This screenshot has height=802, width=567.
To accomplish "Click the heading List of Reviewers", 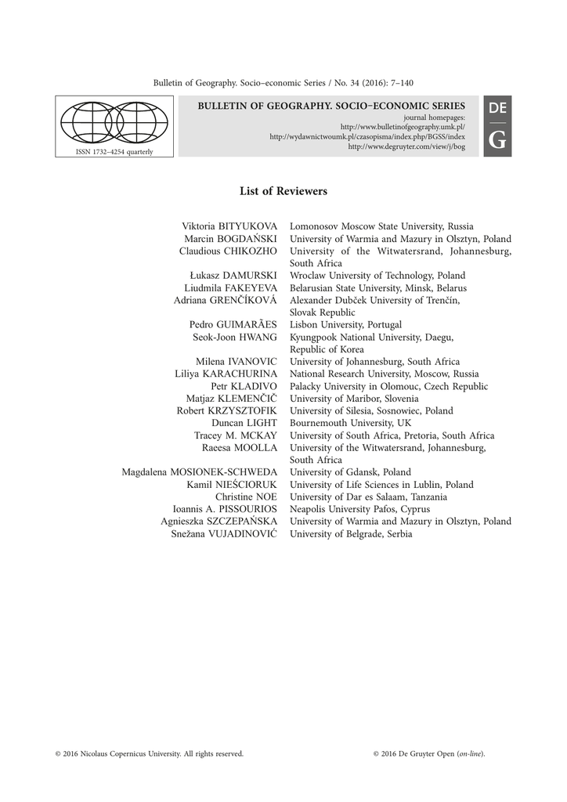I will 283,191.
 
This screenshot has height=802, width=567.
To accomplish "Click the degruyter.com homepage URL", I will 406,146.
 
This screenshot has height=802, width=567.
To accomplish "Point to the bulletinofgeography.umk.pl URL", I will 403,126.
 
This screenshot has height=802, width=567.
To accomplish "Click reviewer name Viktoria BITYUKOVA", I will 229,226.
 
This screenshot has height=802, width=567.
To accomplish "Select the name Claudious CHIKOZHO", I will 228,251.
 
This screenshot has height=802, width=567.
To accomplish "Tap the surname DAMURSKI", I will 250,276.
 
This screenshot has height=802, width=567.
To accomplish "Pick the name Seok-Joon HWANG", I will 235,337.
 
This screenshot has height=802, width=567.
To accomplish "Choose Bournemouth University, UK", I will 350,423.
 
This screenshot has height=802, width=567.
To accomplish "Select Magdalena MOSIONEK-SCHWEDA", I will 200,472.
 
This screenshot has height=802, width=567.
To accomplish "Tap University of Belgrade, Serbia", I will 351,533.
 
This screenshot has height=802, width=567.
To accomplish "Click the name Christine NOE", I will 246,497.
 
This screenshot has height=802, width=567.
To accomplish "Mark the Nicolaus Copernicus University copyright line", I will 150,753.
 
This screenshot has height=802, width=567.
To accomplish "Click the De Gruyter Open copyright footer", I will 430,753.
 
